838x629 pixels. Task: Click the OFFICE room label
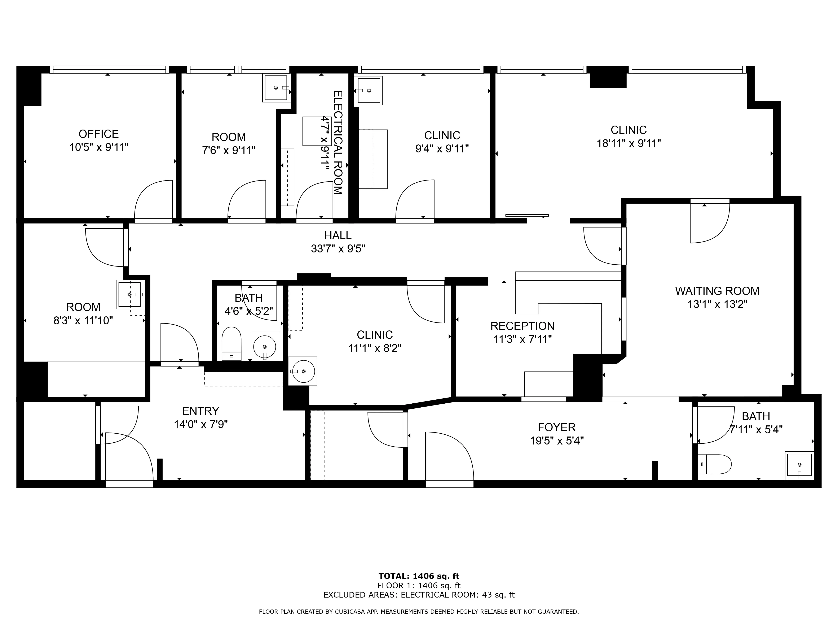click(x=98, y=134)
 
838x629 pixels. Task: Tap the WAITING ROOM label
click(x=717, y=291)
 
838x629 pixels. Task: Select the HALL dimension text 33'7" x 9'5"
click(x=338, y=249)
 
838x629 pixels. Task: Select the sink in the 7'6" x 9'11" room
click(x=276, y=88)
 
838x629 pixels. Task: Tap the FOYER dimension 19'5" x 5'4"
click(x=556, y=441)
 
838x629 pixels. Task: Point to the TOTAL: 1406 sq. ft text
click(x=419, y=577)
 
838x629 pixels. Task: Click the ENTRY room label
click(x=200, y=411)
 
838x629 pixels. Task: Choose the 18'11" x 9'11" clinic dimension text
click(x=628, y=144)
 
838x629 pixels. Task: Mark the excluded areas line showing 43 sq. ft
click(x=419, y=595)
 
